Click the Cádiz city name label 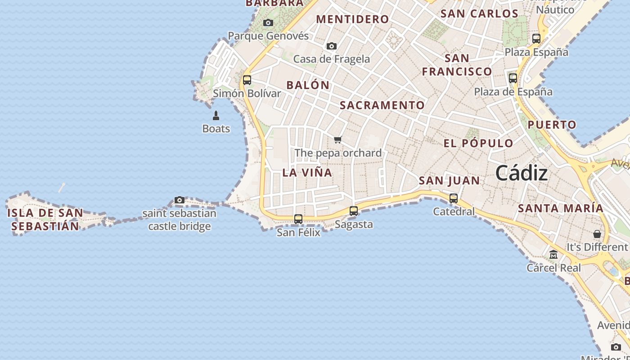[522, 173]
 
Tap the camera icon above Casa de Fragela [332, 46]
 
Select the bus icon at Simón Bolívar [247, 80]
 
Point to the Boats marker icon [216, 116]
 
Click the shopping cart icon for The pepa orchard [338, 139]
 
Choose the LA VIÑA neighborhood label [307, 172]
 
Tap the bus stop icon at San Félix [298, 219]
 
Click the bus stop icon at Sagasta [354, 211]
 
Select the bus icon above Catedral [454, 198]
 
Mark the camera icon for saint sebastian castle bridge [180, 200]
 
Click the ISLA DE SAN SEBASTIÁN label [45, 219]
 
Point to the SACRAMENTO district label [382, 105]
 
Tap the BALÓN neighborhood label [308, 85]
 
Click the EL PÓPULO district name [478, 144]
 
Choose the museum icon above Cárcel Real [553, 255]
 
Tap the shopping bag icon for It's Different [597, 234]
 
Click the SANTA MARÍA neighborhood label [560, 208]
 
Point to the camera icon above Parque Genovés [268, 22]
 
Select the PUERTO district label [552, 125]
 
